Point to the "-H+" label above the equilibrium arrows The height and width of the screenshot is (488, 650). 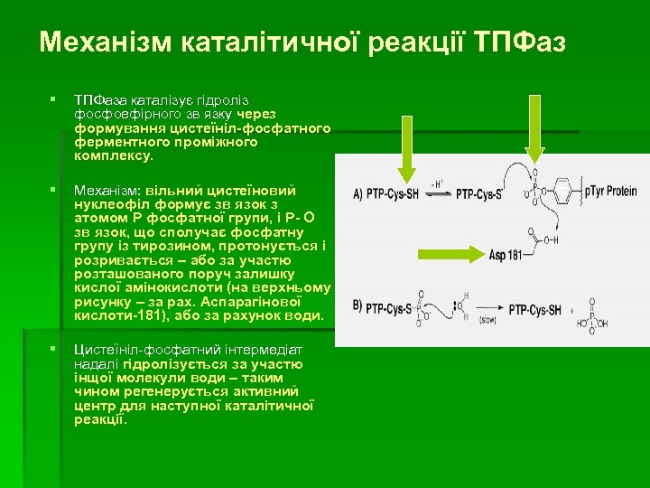click(437, 183)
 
